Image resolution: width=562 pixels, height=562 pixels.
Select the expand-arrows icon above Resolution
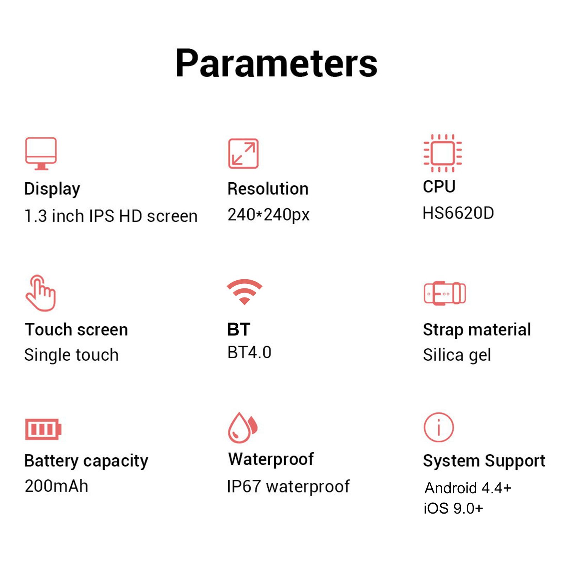243,153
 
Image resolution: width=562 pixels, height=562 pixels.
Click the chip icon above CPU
443,153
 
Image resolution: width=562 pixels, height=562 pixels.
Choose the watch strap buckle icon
445,293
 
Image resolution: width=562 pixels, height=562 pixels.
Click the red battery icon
43,429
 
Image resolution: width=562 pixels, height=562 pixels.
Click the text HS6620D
458,213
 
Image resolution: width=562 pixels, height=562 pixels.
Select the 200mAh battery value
57,486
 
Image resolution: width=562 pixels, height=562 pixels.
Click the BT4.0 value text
249,352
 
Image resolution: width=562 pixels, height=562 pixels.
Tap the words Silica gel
457,355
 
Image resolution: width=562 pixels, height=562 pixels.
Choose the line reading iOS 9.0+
453,508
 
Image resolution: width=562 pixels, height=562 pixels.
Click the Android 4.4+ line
468,488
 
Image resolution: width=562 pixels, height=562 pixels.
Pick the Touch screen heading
77,330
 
